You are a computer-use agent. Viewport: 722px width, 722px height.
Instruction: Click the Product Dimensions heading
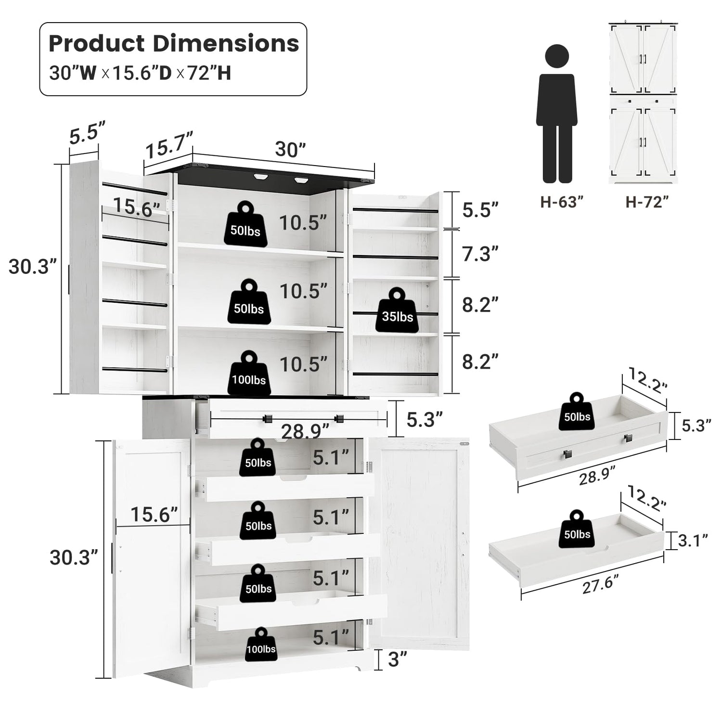(174, 43)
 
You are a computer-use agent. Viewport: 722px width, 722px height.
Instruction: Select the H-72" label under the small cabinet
(647, 202)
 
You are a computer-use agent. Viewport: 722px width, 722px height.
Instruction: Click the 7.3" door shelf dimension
(480, 254)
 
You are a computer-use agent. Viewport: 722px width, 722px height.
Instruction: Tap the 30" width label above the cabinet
(290, 150)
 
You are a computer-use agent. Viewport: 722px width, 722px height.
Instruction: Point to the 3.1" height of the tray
(693, 541)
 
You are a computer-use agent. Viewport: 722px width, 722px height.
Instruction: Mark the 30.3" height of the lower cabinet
(74, 558)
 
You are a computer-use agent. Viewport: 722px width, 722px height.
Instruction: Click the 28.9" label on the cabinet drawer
(305, 431)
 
